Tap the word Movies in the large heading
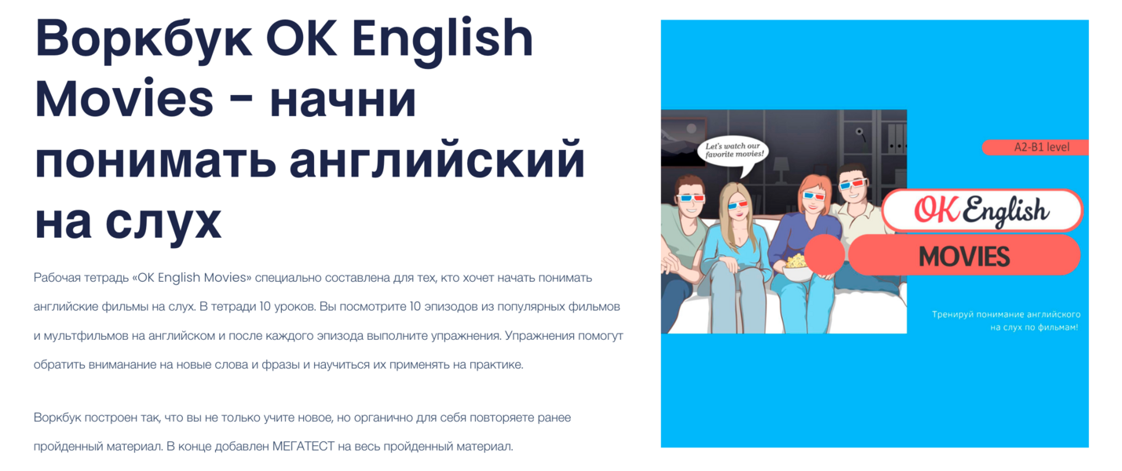124,99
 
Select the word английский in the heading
437,159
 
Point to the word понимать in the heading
155,159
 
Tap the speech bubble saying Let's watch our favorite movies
733,150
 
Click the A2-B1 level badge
1036,147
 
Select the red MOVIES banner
964,256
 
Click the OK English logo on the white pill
981,210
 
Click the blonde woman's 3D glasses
738,206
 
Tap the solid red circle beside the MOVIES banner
824,254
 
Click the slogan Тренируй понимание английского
1006,314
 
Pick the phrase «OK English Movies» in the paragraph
192,278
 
